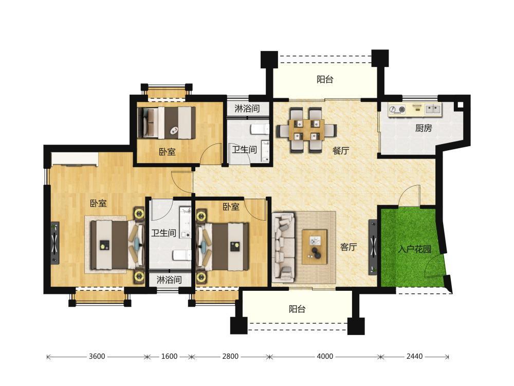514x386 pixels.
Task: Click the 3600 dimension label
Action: (x=97, y=357)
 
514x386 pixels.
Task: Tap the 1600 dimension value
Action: (x=169, y=357)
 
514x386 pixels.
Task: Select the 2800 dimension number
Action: (x=230, y=357)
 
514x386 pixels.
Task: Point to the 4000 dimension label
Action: (x=325, y=357)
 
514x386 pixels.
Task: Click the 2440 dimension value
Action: (x=415, y=357)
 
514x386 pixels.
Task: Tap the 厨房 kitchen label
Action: (x=424, y=128)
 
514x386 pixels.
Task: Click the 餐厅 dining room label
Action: (x=341, y=151)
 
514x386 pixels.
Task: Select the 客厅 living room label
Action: (x=348, y=247)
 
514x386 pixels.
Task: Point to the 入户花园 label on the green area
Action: (x=414, y=249)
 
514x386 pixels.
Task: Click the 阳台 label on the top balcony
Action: (x=325, y=79)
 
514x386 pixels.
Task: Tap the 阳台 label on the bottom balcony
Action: (x=297, y=309)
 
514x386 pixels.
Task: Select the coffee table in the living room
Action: (x=315, y=247)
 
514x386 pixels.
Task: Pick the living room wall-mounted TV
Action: (x=373, y=247)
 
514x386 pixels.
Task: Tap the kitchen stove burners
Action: (x=397, y=109)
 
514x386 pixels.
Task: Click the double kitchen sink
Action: (x=433, y=109)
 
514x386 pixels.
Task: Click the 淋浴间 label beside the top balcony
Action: (x=247, y=108)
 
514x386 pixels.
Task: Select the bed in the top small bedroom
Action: (x=167, y=122)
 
